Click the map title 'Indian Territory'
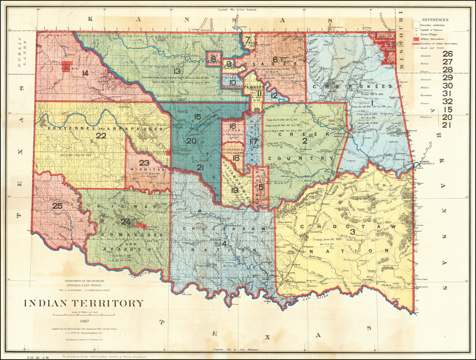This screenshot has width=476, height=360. (84, 303)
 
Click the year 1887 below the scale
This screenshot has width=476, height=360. (84, 321)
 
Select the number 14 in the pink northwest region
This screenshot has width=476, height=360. (85, 73)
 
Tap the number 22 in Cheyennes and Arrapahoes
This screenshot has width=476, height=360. (101, 136)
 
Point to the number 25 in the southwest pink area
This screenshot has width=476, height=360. (57, 206)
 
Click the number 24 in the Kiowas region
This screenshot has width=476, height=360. (125, 222)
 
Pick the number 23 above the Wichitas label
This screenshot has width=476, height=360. (144, 163)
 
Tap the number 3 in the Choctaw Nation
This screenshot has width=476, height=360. (353, 232)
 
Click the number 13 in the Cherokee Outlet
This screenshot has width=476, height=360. (177, 71)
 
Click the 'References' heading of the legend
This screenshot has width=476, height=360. (435, 20)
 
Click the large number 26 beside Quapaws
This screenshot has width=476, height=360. (447, 54)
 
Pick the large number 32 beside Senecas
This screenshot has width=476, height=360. (447, 102)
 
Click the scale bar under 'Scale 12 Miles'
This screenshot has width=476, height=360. (84, 315)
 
